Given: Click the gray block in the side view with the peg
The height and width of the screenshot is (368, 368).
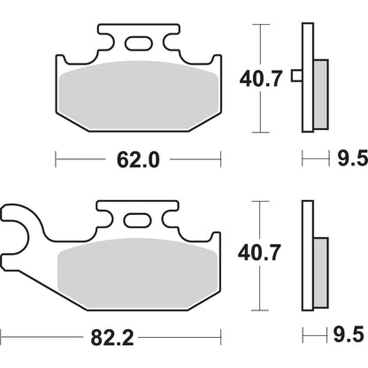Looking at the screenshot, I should click(x=320, y=93).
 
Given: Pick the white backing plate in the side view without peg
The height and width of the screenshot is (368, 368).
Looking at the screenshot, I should click(x=307, y=257).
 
